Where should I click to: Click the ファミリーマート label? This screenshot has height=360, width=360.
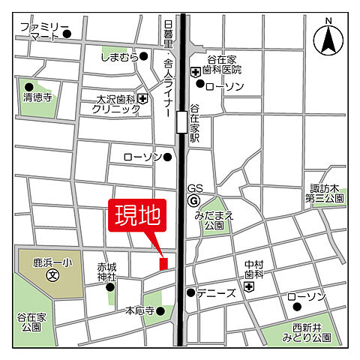click(x=40, y=31)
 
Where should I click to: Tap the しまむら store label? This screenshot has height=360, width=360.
click(x=120, y=56)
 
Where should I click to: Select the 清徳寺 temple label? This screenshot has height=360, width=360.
click(x=38, y=97)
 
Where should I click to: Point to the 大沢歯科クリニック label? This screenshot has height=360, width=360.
click(x=115, y=103)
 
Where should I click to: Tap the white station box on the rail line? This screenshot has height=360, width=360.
click(x=181, y=121)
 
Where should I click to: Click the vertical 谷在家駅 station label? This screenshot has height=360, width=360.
click(x=194, y=123)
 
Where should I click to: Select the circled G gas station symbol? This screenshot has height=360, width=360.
click(x=193, y=201)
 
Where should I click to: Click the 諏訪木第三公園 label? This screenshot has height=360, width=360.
click(x=324, y=193)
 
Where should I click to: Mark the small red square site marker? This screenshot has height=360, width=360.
click(x=163, y=262)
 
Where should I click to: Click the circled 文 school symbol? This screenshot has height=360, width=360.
click(x=53, y=275)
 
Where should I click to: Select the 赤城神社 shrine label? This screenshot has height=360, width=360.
click(x=106, y=271)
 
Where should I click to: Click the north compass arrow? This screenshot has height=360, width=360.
click(x=328, y=40)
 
